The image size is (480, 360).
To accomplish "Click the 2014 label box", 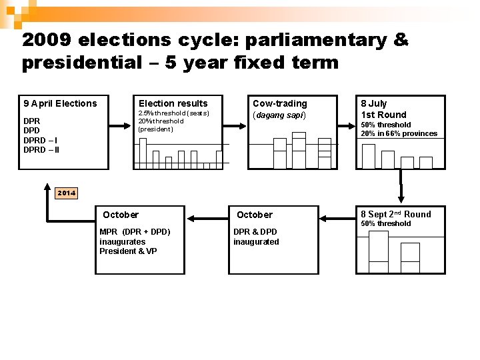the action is click(x=66, y=193).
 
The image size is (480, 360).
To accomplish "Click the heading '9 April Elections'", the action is click(x=60, y=103).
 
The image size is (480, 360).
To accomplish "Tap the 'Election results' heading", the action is click(x=173, y=103).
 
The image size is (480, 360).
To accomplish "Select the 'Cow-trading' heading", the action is click(x=279, y=103).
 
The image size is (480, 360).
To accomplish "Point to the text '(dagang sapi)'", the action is click(x=279, y=115).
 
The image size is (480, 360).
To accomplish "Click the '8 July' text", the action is click(x=373, y=103).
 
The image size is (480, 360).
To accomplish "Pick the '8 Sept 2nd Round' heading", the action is click(x=395, y=214).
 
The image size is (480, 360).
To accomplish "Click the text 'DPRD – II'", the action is click(x=41, y=149).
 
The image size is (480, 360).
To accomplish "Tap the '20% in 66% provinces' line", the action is click(x=399, y=133).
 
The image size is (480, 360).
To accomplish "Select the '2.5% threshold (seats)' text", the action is click(x=173, y=113).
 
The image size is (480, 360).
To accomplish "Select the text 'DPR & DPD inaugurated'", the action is click(x=256, y=237).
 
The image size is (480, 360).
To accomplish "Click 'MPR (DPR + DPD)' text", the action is click(x=135, y=231).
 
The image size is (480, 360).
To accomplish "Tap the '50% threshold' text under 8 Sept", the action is click(x=386, y=224).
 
